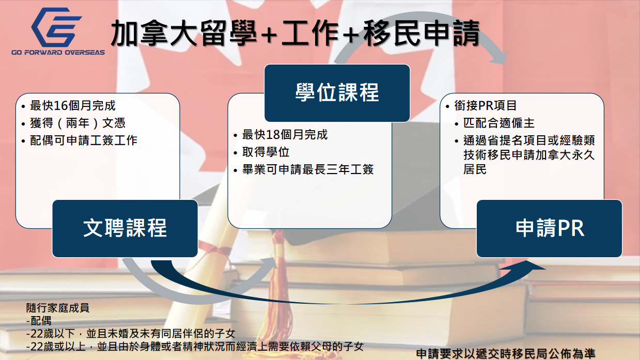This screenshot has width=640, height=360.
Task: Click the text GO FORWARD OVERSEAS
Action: point(58,53)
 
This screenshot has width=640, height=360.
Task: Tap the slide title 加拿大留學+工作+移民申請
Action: point(295,33)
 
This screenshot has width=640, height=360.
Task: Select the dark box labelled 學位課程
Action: point(337,93)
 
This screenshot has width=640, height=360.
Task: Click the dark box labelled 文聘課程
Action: point(125,228)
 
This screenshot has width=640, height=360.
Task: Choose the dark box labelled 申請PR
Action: point(550,228)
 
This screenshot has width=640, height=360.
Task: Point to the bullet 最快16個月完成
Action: point(73,106)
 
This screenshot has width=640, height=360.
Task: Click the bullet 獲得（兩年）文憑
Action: point(77,123)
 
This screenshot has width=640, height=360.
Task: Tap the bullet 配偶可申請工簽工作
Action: point(84,140)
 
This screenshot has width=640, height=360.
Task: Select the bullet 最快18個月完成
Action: point(285,135)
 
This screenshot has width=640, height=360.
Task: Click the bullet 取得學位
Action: point(266,152)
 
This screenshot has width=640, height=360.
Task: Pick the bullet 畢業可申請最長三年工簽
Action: point(308,169)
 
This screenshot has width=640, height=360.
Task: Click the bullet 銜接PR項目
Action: point(486,106)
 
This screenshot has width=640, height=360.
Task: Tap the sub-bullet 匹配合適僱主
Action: point(499,123)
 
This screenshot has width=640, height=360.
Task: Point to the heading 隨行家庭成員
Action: point(58,308)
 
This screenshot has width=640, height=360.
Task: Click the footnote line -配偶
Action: point(39,321)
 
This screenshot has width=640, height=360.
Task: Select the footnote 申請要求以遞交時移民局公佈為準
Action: point(506,354)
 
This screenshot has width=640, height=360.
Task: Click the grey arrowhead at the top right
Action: point(498,57)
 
